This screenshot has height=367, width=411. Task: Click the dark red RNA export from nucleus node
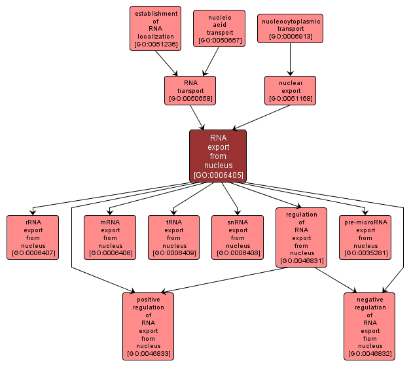(x=218, y=156)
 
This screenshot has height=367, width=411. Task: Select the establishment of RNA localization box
(x=154, y=29)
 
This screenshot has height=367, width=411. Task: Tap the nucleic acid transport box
(x=219, y=28)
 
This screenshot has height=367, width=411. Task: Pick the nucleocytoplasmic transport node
(x=290, y=28)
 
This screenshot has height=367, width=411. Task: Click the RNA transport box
(x=190, y=90)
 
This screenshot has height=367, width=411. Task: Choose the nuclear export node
(x=290, y=90)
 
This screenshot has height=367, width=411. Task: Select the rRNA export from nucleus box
(x=33, y=237)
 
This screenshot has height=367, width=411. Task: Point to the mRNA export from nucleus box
(x=110, y=237)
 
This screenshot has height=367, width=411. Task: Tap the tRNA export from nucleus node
(x=174, y=237)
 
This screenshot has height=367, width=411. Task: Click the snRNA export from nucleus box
(x=238, y=237)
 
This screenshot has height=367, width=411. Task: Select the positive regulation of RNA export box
(x=148, y=326)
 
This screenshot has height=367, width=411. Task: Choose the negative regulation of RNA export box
(x=370, y=326)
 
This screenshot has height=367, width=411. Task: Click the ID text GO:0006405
(x=218, y=175)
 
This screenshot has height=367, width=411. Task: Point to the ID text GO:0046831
(x=302, y=261)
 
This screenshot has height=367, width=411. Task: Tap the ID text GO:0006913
(x=290, y=37)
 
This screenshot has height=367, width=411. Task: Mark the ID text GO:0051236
(x=154, y=45)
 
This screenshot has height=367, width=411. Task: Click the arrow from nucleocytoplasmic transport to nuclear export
(x=290, y=60)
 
